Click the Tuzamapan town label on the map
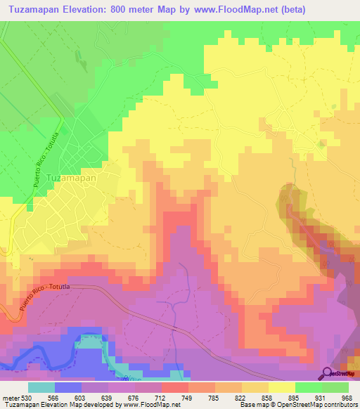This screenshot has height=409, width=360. tap(71, 178)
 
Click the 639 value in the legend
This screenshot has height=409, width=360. tap(108, 397)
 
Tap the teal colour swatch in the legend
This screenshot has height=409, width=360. tap(41, 387)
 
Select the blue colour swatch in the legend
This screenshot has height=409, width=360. tap(67, 387)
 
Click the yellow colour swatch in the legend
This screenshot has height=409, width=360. tap(281, 387)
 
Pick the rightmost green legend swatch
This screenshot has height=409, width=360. tap(335, 387)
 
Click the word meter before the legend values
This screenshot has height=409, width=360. tap(10, 397)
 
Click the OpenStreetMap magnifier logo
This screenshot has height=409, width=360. tap(326, 372)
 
